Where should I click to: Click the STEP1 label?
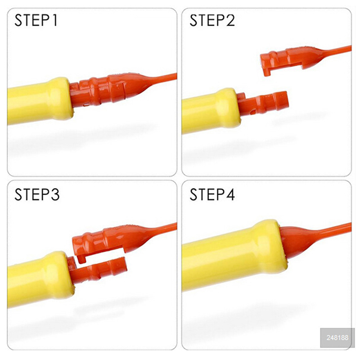[36, 20]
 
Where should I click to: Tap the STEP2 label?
[212, 20]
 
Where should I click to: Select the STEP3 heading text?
[37, 194]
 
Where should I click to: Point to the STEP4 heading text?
[212, 194]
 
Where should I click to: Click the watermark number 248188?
[337, 337]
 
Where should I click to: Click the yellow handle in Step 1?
[40, 101]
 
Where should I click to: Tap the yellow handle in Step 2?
[211, 111]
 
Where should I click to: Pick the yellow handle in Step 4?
[234, 256]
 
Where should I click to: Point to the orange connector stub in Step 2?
[262, 103]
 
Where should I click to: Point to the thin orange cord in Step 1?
[162, 79]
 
